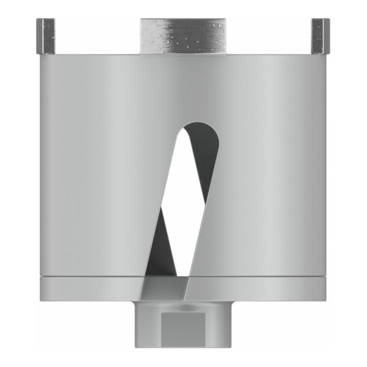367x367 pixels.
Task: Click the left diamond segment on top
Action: pos(45,35)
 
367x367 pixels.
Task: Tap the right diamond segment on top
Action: pos(321,35)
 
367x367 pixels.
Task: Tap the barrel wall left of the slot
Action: pos(90,172)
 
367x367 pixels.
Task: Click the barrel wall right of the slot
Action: pos(277,172)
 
